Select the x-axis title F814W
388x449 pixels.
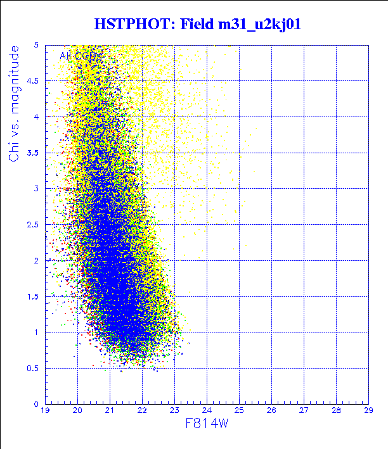[x=207, y=424]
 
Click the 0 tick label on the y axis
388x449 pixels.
[x=37, y=404]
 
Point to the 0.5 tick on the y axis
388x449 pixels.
[x=33, y=368]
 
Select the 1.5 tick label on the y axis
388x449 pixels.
[x=33, y=296]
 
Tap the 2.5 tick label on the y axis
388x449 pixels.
[x=33, y=225]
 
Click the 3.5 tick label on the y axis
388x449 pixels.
[x=33, y=153]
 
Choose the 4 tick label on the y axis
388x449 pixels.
[x=37, y=117]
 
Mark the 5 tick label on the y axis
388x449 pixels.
[x=37, y=46]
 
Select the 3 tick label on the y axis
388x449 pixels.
[x=37, y=189]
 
